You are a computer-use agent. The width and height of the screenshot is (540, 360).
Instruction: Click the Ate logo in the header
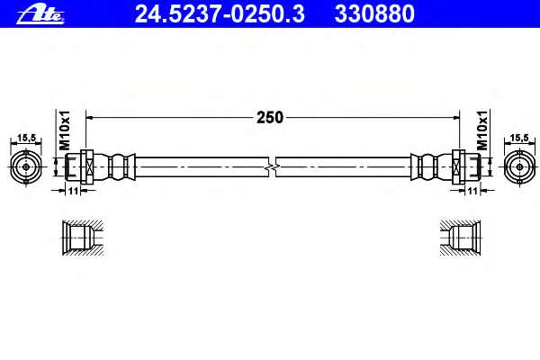(40, 14)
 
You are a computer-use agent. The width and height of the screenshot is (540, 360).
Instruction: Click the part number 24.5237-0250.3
(220, 14)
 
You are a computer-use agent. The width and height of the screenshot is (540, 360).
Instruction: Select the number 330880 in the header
(374, 14)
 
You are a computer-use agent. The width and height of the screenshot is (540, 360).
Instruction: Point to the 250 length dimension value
(270, 118)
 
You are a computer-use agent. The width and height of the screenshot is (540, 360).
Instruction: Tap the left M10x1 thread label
(65, 130)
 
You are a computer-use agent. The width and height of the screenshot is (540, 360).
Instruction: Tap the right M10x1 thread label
(482, 130)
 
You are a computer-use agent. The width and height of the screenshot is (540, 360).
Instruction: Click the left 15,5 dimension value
(26, 138)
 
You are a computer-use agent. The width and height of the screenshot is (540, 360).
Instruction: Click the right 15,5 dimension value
(519, 138)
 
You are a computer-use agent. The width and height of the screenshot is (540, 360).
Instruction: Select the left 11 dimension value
(73, 191)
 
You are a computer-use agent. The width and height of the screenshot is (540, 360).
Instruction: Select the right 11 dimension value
(472, 191)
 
